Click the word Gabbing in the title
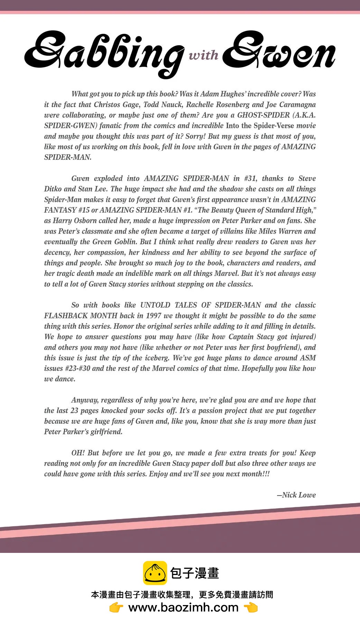pyautogui.click(x=104, y=52)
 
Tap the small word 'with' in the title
pyautogui.click(x=203, y=55)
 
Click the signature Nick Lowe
pyautogui.click(x=297, y=495)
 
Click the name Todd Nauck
pyautogui.click(x=160, y=105)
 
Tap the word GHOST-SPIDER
pyautogui.click(x=263, y=115)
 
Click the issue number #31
pyautogui.click(x=250, y=179)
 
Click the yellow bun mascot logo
pyautogui.click(x=155, y=573)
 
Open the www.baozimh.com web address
pyautogui.click(x=183, y=607)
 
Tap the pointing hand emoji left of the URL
pyautogui.click(x=116, y=607)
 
